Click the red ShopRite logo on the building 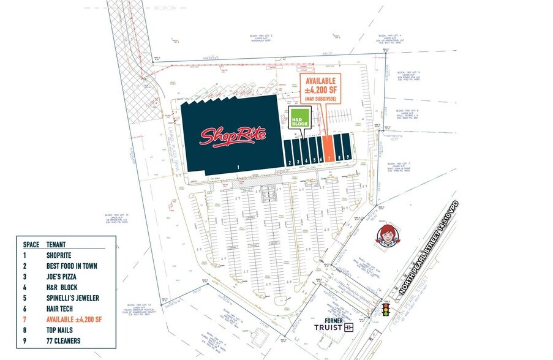point(233,135)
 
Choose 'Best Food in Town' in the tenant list point(72,266)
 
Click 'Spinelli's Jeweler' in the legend point(72,298)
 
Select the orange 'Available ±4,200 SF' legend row point(74,320)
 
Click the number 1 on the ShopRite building point(238,167)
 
